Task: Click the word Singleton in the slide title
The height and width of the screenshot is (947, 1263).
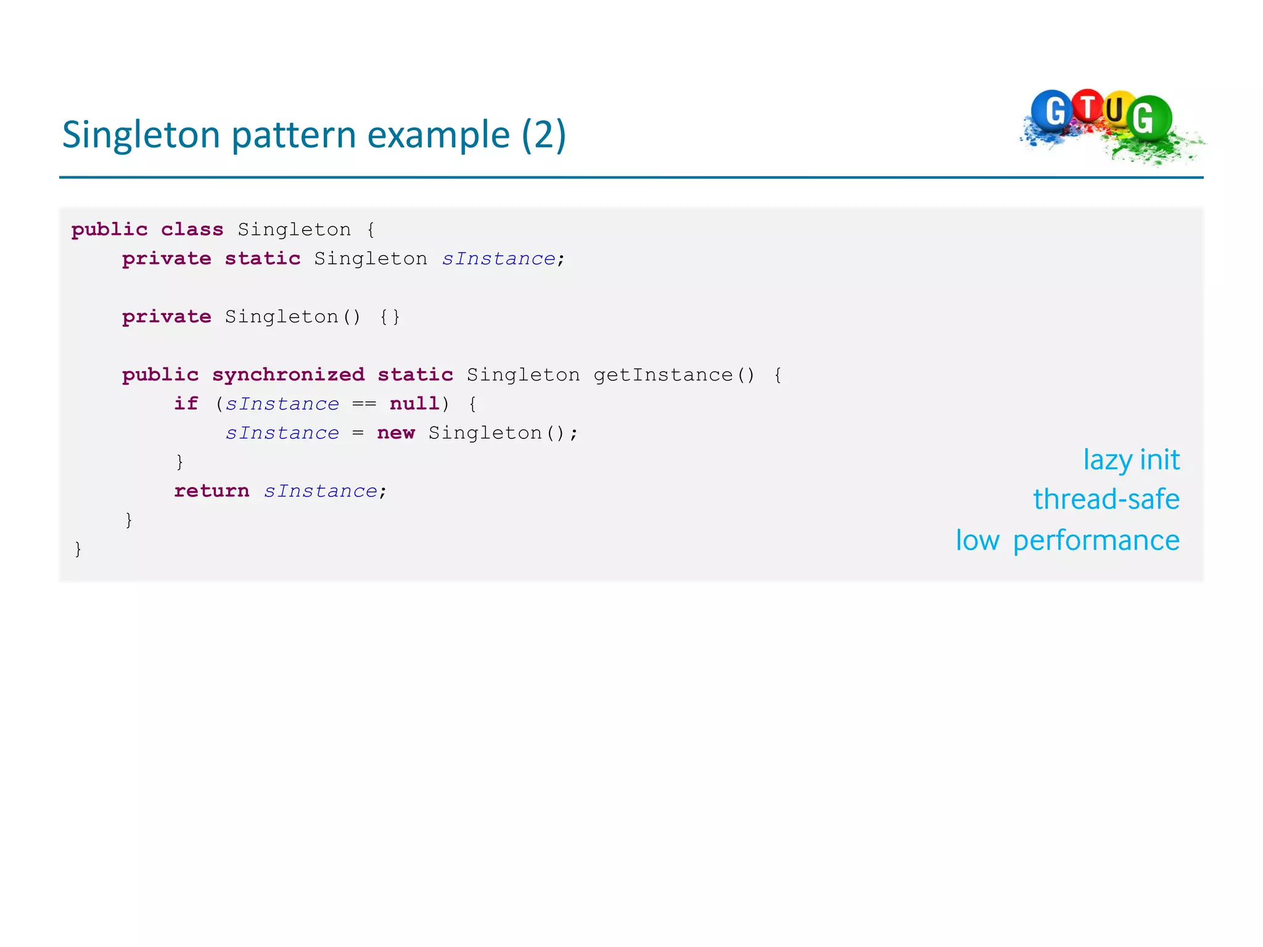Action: [141, 135]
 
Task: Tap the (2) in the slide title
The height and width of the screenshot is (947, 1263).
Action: [543, 135]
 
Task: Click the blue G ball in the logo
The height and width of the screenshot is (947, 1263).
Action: [1052, 112]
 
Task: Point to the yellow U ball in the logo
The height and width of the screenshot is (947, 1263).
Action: [1115, 110]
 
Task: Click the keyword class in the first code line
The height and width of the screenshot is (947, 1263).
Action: [192, 229]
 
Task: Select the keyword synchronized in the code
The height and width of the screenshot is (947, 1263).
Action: [288, 374]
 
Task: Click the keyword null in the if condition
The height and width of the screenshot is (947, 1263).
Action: [414, 404]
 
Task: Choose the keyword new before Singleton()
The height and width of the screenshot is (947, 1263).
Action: [395, 433]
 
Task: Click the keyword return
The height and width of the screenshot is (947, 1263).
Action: [212, 491]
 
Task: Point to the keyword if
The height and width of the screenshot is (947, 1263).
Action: [186, 404]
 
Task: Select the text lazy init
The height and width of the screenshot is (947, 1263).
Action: [1131, 460]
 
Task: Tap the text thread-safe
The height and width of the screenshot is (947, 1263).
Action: [1106, 499]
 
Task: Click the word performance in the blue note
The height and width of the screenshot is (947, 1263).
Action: [1096, 541]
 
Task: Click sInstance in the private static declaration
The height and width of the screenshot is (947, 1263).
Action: [498, 258]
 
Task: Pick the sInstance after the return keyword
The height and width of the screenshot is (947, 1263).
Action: [320, 491]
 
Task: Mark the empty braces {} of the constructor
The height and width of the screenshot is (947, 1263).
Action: [389, 317]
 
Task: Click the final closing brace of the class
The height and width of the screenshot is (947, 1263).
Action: [78, 549]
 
